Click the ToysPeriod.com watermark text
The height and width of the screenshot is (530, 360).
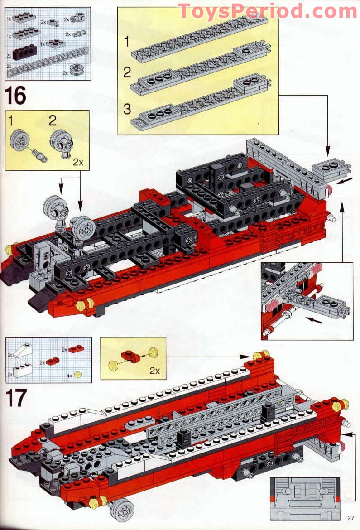point(267,10)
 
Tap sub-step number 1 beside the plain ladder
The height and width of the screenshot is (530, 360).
point(127,42)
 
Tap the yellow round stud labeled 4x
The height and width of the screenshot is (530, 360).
point(78,374)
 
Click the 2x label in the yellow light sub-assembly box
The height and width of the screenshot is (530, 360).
point(155,371)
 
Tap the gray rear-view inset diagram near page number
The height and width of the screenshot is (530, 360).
point(304,498)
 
